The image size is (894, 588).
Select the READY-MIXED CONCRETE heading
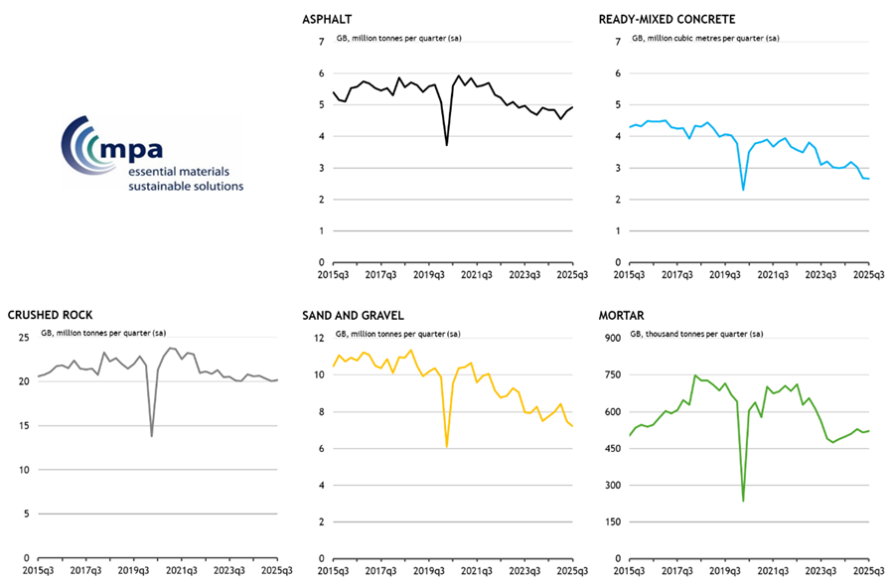(x=666, y=19)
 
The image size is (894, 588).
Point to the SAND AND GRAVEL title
(x=354, y=315)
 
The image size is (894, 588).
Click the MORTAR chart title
(x=623, y=315)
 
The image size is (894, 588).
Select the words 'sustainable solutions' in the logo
(x=186, y=185)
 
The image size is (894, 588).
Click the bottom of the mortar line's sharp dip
(x=743, y=501)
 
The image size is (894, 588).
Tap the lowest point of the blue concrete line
(x=743, y=190)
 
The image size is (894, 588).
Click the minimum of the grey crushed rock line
(x=151, y=436)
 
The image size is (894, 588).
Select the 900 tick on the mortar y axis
(x=613, y=338)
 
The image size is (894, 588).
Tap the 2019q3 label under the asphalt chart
(x=428, y=275)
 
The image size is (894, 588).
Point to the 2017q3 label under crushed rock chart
(x=85, y=571)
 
